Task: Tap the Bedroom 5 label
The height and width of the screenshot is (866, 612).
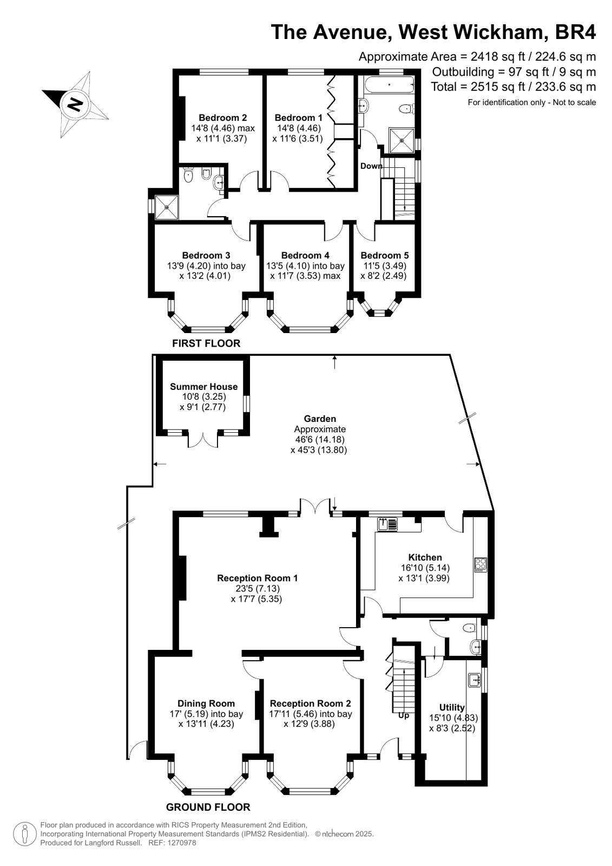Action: coord(384,255)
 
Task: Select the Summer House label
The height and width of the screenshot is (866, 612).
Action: coord(203,387)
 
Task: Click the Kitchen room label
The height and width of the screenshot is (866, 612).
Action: coord(425,557)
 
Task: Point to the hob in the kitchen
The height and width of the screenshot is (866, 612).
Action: coord(481,564)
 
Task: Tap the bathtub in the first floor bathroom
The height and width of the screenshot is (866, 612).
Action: coord(389,84)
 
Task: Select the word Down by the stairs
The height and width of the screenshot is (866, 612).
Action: coord(371,166)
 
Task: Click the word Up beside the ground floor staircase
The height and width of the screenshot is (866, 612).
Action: coord(403,715)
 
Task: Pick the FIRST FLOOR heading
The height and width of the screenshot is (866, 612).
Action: coord(206,343)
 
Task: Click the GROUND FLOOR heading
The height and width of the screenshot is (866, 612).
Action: coord(208,807)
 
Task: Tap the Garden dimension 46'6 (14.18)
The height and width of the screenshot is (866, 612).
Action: coord(320,440)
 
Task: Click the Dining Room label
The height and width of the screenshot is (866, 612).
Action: coord(206,704)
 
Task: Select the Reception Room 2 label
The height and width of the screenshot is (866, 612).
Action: coord(310,704)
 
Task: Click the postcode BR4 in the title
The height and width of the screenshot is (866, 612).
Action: coord(575,32)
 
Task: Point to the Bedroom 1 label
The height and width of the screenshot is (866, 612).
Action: coord(298,118)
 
